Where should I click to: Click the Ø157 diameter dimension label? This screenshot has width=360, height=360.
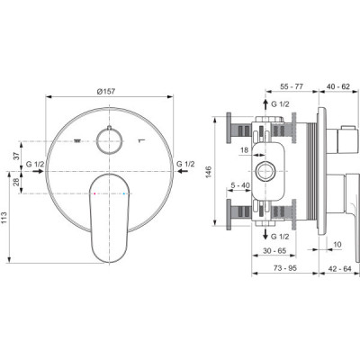click(x=105, y=91)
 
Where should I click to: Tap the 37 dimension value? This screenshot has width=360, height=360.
click(x=16, y=156)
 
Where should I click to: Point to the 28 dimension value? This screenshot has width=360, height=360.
click(x=16, y=182)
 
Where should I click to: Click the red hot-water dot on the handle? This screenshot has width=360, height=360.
click(x=94, y=193)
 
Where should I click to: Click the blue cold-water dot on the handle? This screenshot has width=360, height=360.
click(x=123, y=193)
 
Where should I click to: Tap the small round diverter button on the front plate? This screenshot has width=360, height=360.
click(x=109, y=140)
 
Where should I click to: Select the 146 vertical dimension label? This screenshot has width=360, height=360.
click(x=209, y=172)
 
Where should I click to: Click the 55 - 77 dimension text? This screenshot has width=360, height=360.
click(x=292, y=86)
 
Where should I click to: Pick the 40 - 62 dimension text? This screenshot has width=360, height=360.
click(x=338, y=86)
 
